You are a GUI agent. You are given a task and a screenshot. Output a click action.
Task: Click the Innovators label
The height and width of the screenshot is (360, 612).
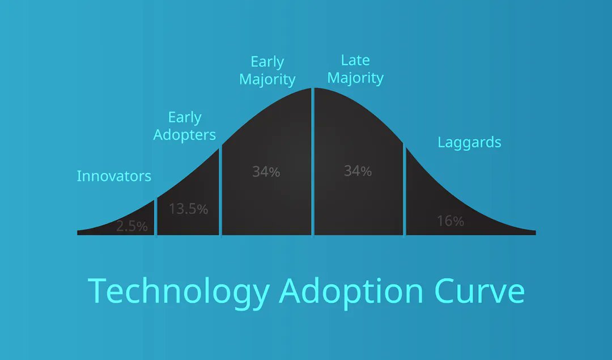click(x=114, y=176)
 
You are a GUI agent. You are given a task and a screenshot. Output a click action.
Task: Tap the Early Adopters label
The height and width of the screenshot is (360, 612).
click(x=185, y=126)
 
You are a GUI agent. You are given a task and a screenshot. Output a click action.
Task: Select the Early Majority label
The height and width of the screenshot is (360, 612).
click(x=267, y=70)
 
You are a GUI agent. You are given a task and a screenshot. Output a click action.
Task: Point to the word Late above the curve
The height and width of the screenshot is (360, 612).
click(x=355, y=60)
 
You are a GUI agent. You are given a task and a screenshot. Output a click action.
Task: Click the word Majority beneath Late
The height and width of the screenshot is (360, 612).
click(x=355, y=78)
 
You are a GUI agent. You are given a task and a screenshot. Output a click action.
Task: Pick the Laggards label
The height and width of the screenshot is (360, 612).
click(x=469, y=142)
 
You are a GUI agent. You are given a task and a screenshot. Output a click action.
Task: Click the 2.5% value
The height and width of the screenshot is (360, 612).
click(x=132, y=227)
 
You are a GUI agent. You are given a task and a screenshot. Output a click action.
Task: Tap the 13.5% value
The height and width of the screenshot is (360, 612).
click(x=188, y=209)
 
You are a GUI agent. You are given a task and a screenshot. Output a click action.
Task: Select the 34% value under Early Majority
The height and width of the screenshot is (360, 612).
click(x=266, y=171)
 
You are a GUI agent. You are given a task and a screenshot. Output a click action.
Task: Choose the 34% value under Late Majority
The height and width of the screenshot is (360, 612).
click(x=358, y=171)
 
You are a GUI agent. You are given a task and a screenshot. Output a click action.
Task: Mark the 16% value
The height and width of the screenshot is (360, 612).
click(x=450, y=221)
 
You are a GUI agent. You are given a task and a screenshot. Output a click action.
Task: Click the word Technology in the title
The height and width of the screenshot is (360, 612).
click(x=178, y=291)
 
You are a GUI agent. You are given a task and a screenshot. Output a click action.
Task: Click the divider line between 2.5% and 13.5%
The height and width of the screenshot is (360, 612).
click(x=155, y=218)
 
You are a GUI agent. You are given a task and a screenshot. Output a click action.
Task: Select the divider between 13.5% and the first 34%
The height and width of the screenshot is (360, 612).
click(x=220, y=193)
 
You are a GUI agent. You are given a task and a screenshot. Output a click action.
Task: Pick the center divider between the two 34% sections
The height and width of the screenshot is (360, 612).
click(x=313, y=164)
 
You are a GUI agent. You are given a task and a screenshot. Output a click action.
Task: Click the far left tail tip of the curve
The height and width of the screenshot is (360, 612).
click(x=79, y=232)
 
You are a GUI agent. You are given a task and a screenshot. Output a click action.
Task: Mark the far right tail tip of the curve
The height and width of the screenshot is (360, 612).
click(x=534, y=232)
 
